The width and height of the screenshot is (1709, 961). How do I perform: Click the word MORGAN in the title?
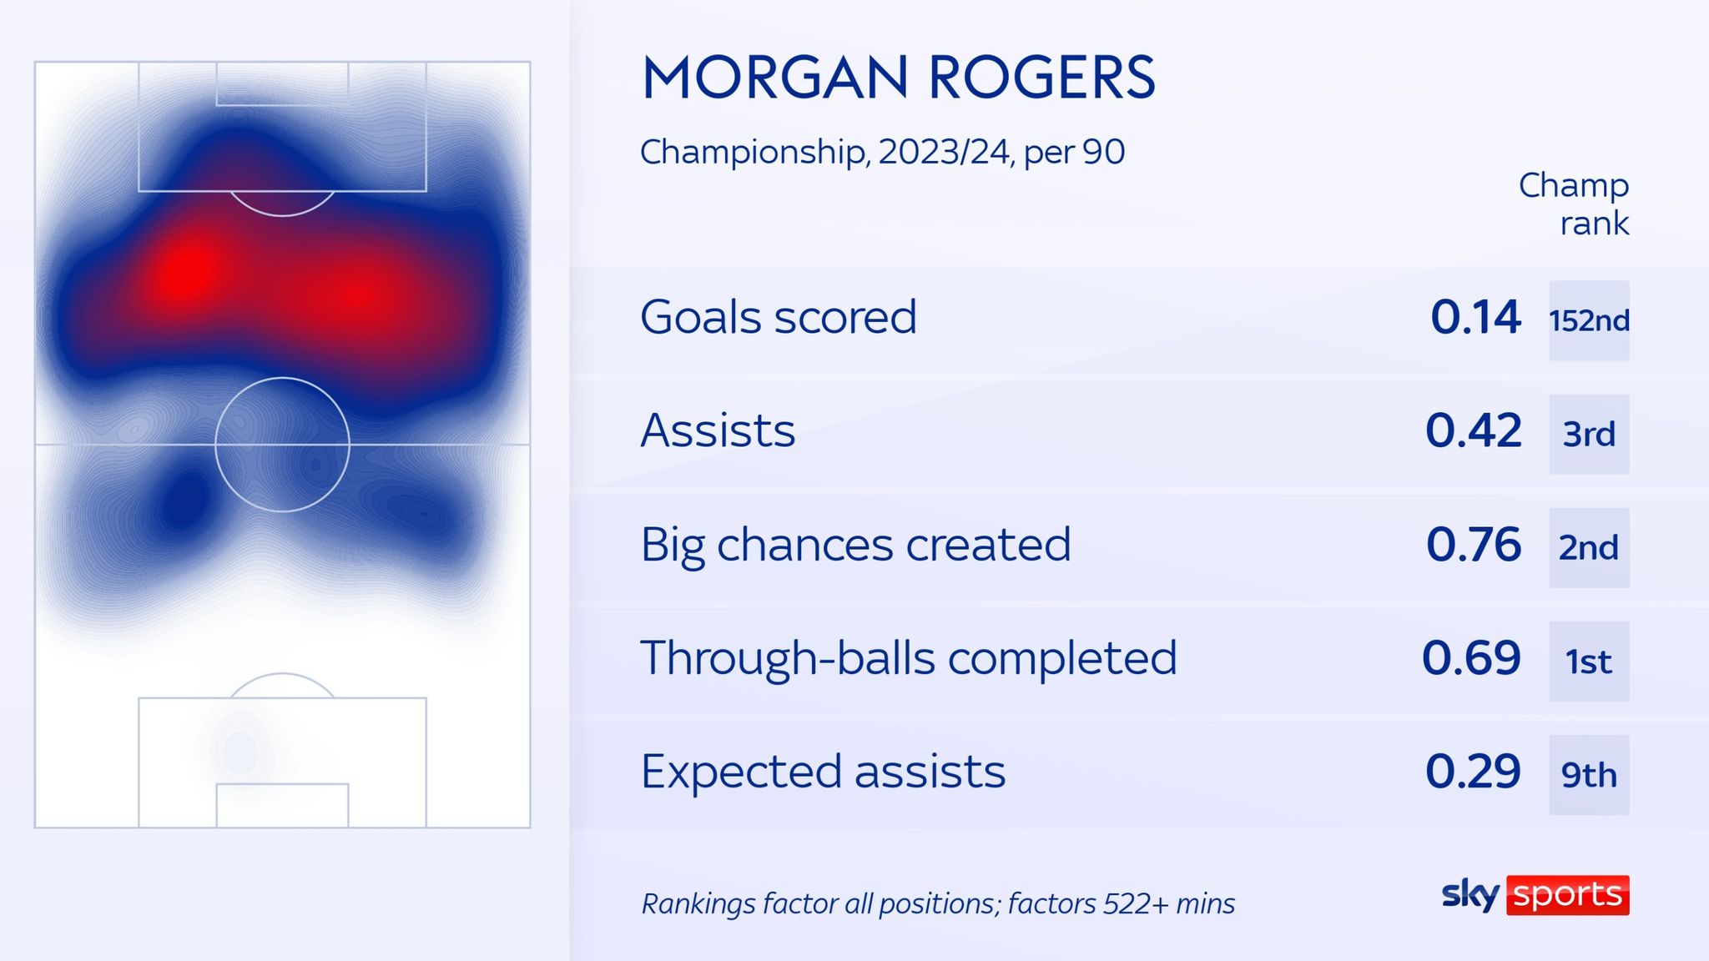[774, 78]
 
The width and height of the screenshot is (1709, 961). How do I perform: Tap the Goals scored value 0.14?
[1475, 318]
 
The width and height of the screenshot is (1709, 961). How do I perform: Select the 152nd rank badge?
[1589, 320]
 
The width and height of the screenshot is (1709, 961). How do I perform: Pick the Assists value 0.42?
[1473, 431]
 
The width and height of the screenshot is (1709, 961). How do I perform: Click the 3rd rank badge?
[1589, 434]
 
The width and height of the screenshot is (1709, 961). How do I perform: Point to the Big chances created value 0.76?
[1473, 545]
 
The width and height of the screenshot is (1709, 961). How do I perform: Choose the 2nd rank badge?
[1589, 547]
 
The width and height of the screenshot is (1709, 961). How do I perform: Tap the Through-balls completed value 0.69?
[1471, 658]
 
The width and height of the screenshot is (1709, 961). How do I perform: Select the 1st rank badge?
[1589, 661]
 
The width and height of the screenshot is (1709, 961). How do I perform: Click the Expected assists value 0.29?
[1473, 772]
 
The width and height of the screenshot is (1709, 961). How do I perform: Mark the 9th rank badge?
[1589, 774]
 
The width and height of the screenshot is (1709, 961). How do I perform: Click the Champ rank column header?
[1575, 204]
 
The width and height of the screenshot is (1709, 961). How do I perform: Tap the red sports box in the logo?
[1567, 895]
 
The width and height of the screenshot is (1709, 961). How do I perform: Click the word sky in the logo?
[1470, 894]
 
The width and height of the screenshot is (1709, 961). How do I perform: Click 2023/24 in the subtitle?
[944, 152]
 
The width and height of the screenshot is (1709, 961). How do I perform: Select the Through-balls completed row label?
[908, 658]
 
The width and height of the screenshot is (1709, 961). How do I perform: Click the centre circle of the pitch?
[282, 445]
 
